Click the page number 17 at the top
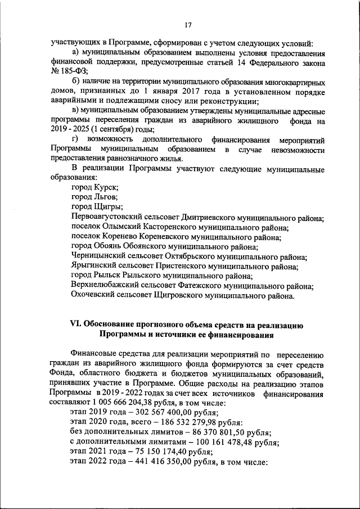[x=188, y=24]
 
